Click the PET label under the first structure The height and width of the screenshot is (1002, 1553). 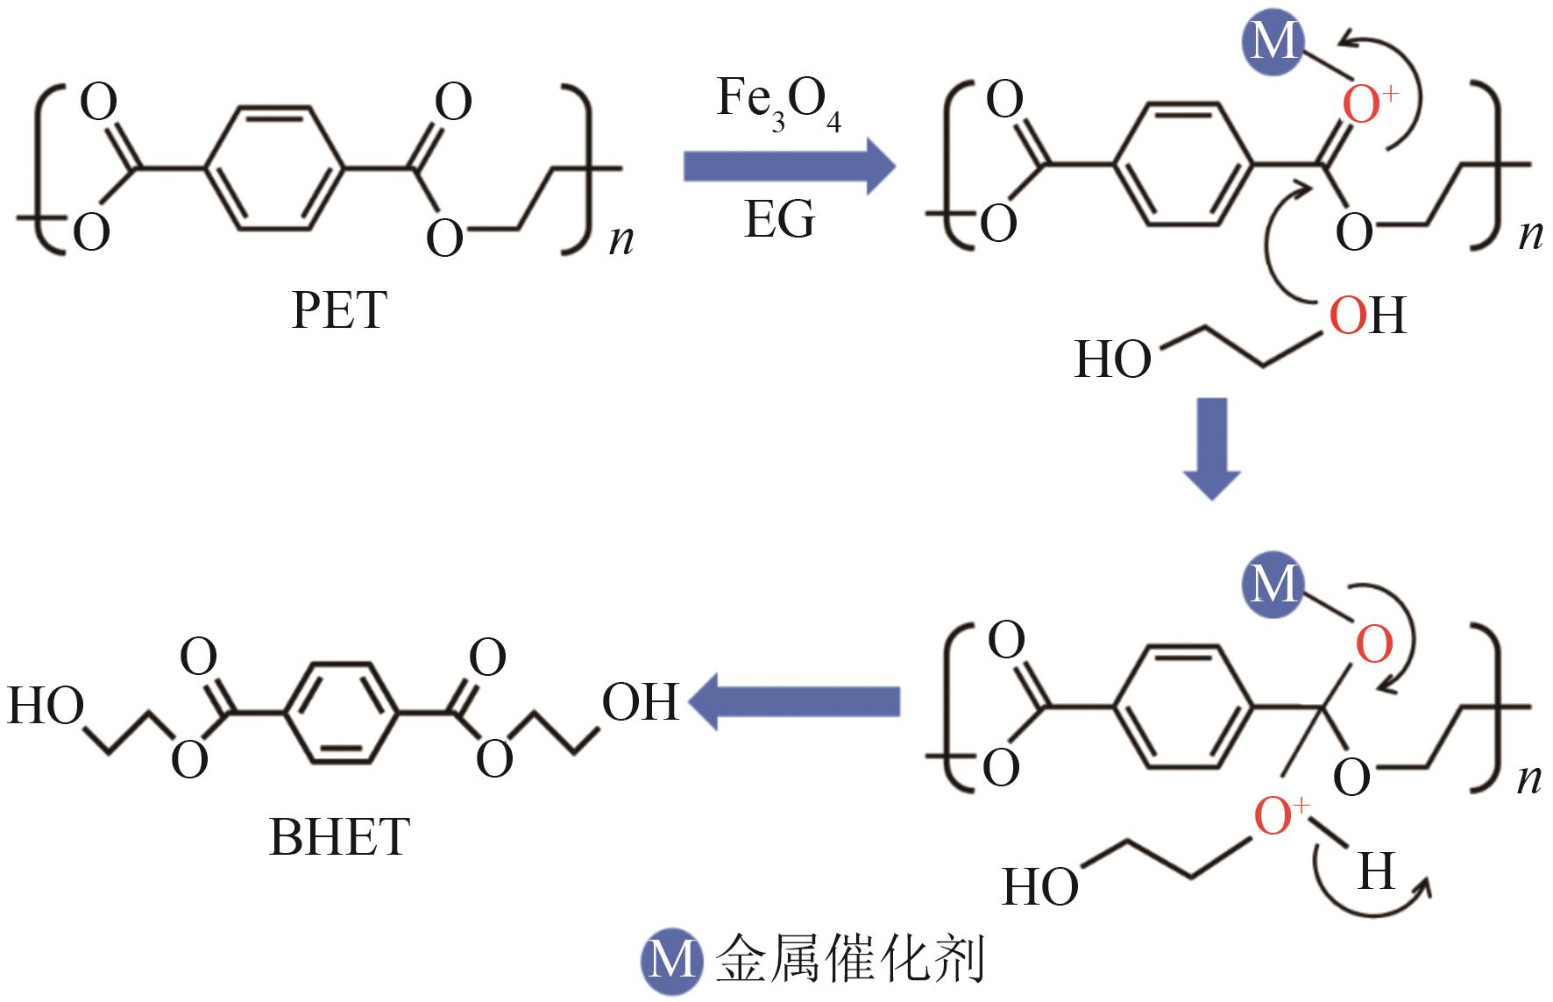tap(339, 310)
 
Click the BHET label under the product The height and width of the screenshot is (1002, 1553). tap(339, 837)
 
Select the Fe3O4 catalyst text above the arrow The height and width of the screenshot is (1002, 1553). tap(779, 102)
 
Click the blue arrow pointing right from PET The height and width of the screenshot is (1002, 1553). tap(790, 166)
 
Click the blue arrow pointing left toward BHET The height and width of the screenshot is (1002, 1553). tap(794, 701)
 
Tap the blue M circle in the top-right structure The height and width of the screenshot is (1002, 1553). tap(1273, 42)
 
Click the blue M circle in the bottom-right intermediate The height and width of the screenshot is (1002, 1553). tap(1273, 584)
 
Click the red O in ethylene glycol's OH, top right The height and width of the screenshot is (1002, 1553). tap(1348, 316)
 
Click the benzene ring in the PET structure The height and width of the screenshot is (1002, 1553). tap(273, 168)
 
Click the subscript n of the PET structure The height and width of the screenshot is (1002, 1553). tap(620, 238)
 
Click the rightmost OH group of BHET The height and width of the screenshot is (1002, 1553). tap(640, 702)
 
